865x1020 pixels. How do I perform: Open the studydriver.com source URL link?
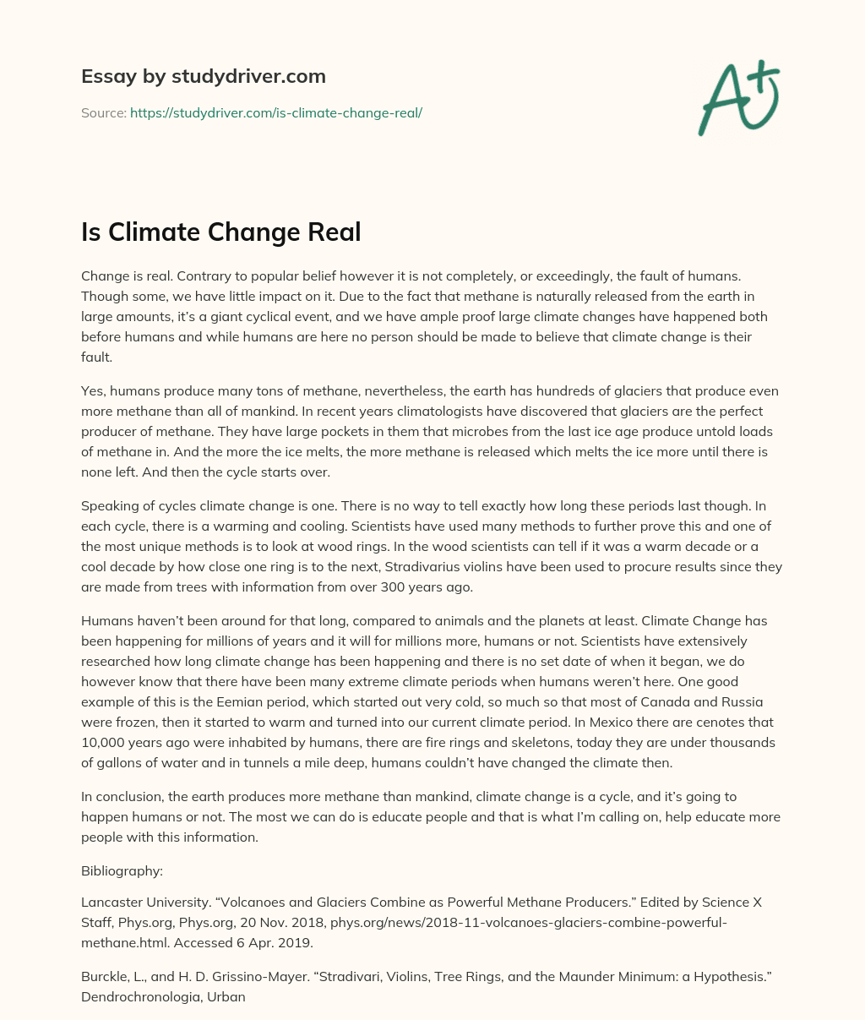[x=276, y=112]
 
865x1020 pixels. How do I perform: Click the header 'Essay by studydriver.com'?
[x=203, y=76]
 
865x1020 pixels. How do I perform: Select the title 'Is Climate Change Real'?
[x=220, y=232]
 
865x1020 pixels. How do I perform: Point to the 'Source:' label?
[x=103, y=112]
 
